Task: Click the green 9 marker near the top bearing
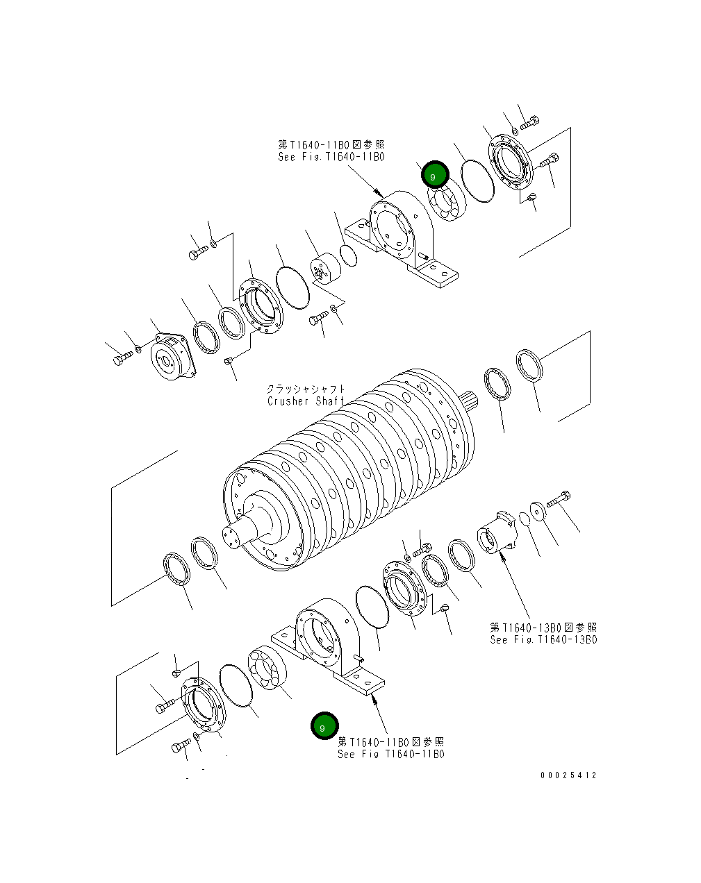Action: click(435, 175)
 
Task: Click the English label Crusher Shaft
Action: click(306, 401)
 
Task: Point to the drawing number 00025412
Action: click(568, 775)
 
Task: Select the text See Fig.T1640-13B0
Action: click(543, 640)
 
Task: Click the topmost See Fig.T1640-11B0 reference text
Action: click(331, 157)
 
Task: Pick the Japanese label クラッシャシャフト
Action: click(306, 389)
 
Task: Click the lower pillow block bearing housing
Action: click(327, 642)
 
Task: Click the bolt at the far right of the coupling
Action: click(559, 498)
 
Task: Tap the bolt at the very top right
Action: click(529, 123)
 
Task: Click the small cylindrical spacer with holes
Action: click(322, 269)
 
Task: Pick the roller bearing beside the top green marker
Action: click(446, 201)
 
